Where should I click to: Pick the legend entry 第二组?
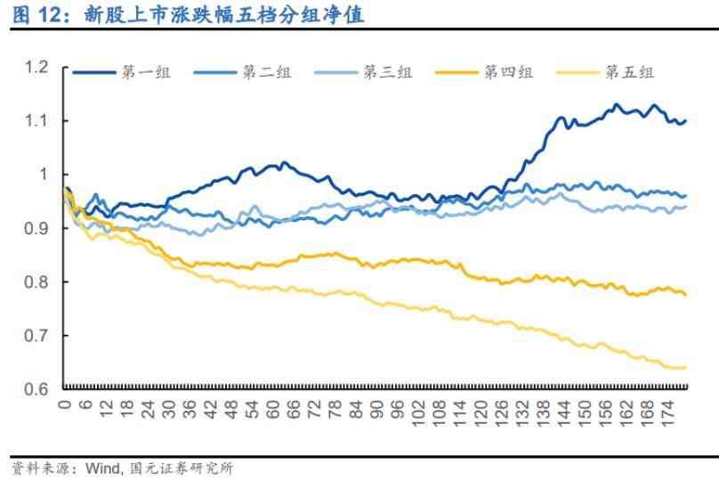(265, 73)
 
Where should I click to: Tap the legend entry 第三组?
(386, 73)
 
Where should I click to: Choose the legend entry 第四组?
(508, 73)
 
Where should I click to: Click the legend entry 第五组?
(629, 73)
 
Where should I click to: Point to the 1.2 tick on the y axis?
(36, 67)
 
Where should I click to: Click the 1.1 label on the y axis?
(36, 120)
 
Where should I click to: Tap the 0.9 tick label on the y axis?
(36, 228)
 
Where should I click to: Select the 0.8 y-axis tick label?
(36, 282)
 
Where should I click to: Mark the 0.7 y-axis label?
(36, 336)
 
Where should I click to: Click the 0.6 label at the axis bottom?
(36, 390)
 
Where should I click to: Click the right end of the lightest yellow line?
(685, 367)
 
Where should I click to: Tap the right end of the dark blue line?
(685, 121)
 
